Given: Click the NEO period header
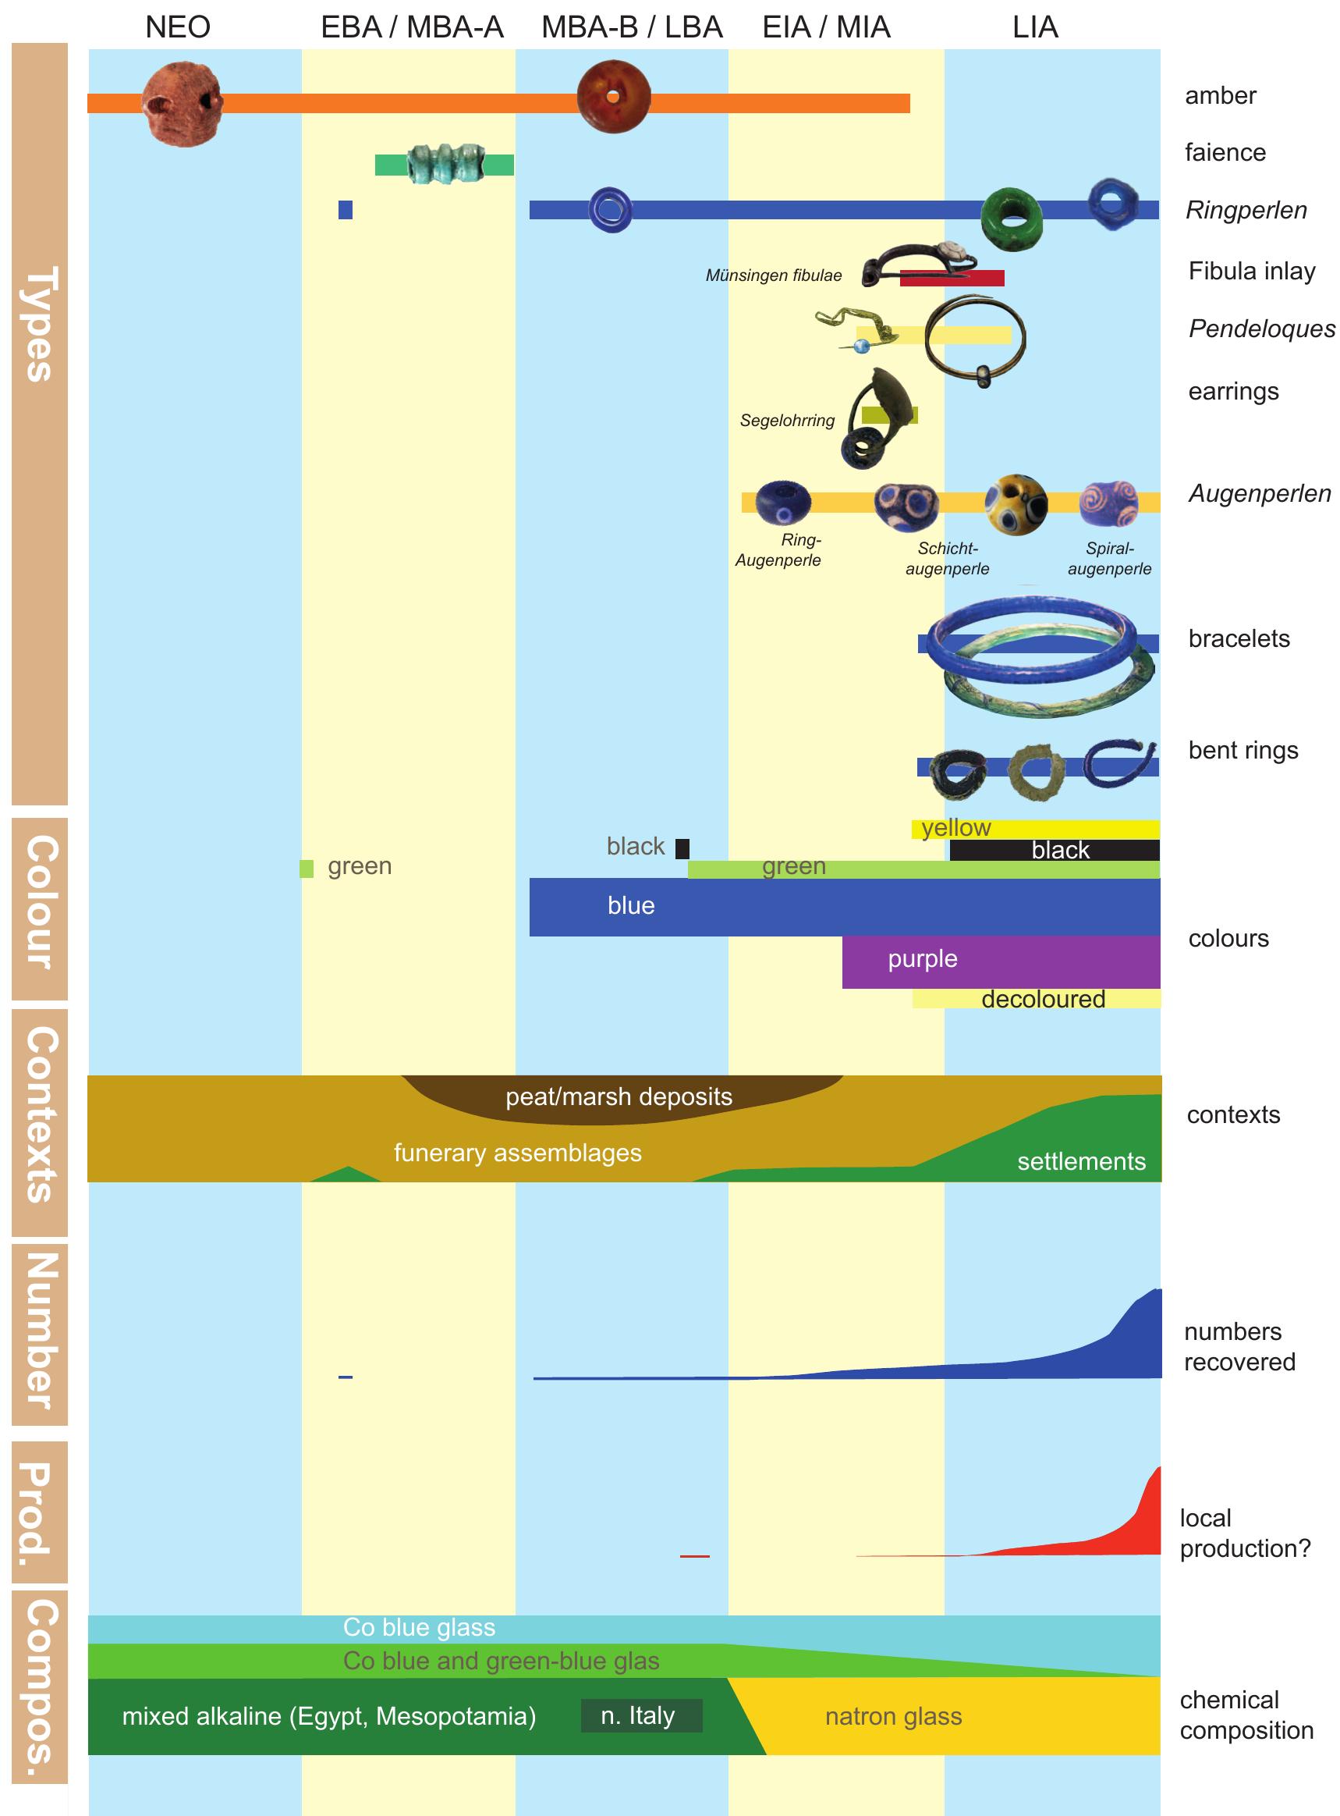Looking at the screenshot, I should [178, 27].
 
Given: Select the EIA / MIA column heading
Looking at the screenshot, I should [826, 27].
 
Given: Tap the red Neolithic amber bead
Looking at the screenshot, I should [182, 105].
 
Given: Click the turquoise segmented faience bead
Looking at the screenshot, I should [445, 164].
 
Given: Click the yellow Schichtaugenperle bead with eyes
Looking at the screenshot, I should [1016, 505].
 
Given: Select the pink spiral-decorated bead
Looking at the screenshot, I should [1109, 503].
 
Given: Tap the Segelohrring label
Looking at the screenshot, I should [787, 421].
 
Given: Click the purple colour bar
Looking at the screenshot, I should [1000, 961].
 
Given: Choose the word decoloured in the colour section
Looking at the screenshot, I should [1043, 999].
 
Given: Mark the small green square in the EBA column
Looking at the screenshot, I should [307, 869].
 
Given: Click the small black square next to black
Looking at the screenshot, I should [682, 849].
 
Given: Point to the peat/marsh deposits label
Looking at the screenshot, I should [619, 1097].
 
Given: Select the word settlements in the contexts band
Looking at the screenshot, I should [1081, 1161].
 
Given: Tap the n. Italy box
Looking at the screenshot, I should [641, 1715].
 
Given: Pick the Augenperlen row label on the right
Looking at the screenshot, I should [1259, 493].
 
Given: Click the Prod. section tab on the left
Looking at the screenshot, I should [39, 1512].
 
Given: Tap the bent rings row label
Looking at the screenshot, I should [1243, 751].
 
